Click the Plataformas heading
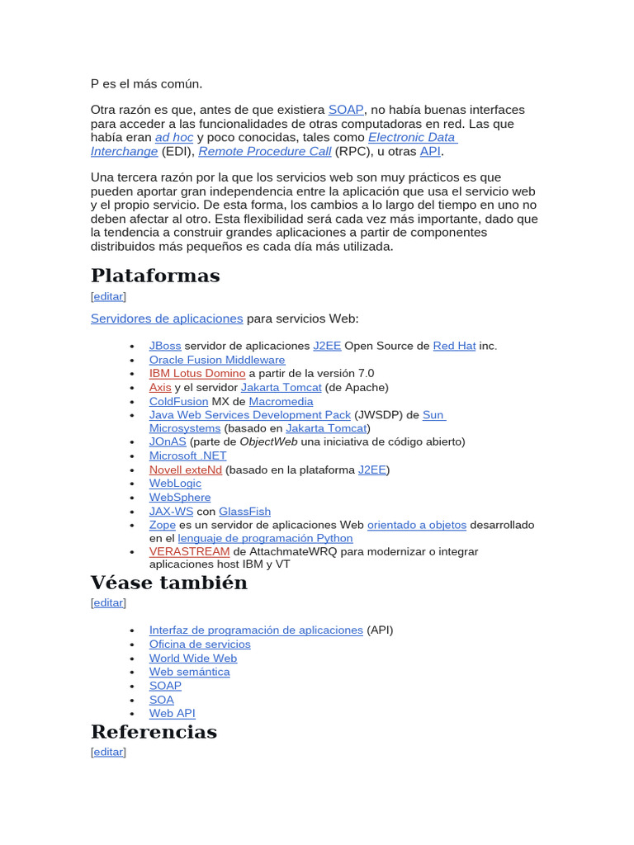click(155, 276)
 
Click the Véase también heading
click(168, 583)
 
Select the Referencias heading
click(154, 732)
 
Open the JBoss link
click(165, 346)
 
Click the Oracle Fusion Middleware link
click(217, 360)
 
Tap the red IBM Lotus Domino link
click(197, 373)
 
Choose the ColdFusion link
click(178, 401)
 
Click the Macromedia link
click(281, 401)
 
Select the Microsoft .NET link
click(187, 456)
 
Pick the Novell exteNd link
click(186, 470)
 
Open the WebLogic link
click(175, 484)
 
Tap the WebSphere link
click(180, 498)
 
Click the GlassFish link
click(244, 512)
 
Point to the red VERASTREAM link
click(190, 551)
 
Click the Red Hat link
click(454, 346)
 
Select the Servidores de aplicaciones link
click(167, 319)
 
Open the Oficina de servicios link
click(200, 644)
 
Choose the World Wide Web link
click(193, 659)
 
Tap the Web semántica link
click(190, 672)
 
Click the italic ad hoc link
click(174, 138)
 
